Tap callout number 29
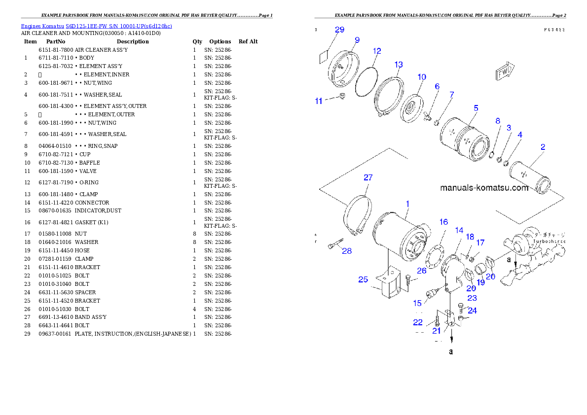click(x=339, y=30)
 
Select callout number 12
click(x=377, y=51)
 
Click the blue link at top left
click(x=96, y=26)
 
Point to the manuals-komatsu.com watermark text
click(x=484, y=188)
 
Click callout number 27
click(x=368, y=177)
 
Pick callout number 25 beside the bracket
click(x=363, y=279)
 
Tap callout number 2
click(x=543, y=147)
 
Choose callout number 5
click(x=476, y=107)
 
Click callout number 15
click(x=417, y=303)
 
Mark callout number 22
click(x=418, y=322)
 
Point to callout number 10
click(x=422, y=77)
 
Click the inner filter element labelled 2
click(x=530, y=178)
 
